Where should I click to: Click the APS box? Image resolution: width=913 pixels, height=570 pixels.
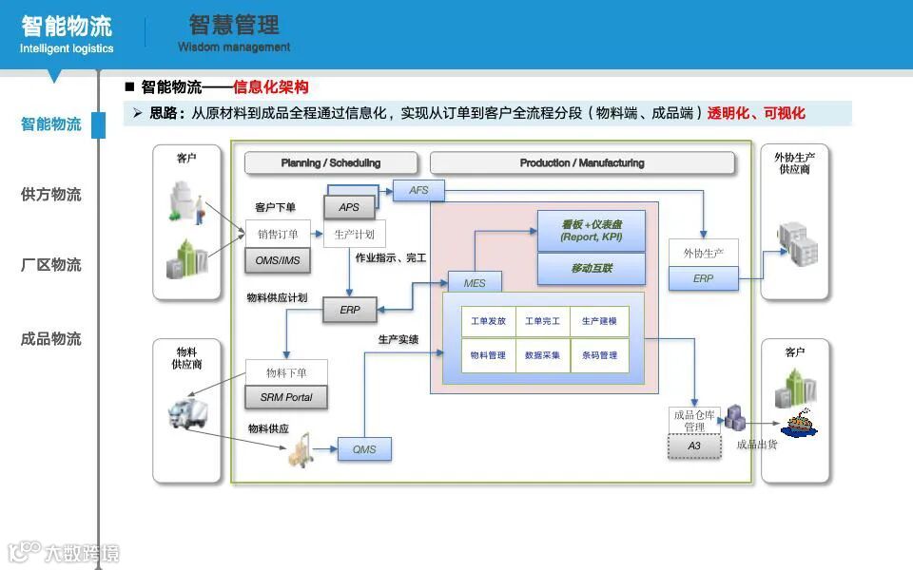pos(349,207)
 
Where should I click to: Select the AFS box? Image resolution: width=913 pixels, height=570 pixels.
pos(418,190)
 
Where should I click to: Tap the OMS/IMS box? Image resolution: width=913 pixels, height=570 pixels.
pos(278,259)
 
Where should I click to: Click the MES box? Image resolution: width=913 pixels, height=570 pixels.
pos(475,283)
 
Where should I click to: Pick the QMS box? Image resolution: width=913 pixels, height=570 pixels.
pos(364,449)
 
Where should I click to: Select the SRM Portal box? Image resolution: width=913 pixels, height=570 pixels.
pos(286,397)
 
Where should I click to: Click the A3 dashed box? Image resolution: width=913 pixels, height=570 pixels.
pos(694,446)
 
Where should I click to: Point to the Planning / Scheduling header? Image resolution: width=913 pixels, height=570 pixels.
pos(331,163)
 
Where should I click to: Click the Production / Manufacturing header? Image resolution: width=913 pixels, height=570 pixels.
pos(582,163)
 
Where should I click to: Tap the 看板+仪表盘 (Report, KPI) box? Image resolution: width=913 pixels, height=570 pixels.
pos(592,231)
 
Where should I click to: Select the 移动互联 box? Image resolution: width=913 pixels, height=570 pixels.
pos(592,269)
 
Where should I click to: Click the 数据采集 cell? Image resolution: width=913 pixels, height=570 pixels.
pos(542,355)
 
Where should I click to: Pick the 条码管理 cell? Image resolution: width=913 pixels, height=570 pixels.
pos(599,355)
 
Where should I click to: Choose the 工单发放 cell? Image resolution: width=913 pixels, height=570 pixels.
pos(488,321)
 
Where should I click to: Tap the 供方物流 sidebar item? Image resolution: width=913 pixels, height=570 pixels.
pos(51,195)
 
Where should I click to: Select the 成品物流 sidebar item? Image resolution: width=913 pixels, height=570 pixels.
pos(51,339)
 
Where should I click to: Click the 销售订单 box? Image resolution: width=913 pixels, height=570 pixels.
pos(278,235)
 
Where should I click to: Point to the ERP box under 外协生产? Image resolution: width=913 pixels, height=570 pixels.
pos(703,278)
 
